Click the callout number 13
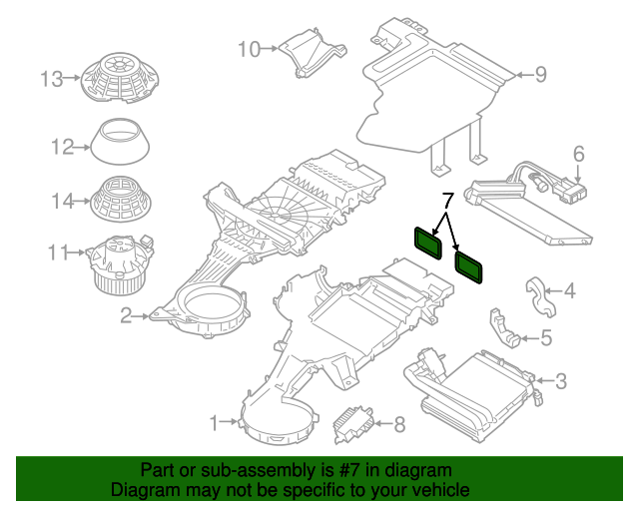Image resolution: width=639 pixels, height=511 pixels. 52,79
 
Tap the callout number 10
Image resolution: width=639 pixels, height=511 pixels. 249,49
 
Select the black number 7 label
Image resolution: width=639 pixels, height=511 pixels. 447,200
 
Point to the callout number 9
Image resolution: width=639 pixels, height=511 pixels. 540,75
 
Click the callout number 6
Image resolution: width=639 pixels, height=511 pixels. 579,154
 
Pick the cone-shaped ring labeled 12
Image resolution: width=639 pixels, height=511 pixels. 120,142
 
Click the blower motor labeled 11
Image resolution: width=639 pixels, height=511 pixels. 120,264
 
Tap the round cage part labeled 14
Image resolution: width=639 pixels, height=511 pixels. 121,200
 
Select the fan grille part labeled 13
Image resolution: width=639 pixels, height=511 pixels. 120,77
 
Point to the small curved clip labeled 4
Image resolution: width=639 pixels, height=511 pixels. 539,296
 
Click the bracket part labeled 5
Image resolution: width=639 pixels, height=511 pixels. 502,328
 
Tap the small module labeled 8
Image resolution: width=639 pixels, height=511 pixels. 352,424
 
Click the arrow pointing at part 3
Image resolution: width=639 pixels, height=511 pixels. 543,380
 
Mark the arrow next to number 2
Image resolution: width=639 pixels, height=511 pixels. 141,315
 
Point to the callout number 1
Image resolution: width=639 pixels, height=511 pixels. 215,423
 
